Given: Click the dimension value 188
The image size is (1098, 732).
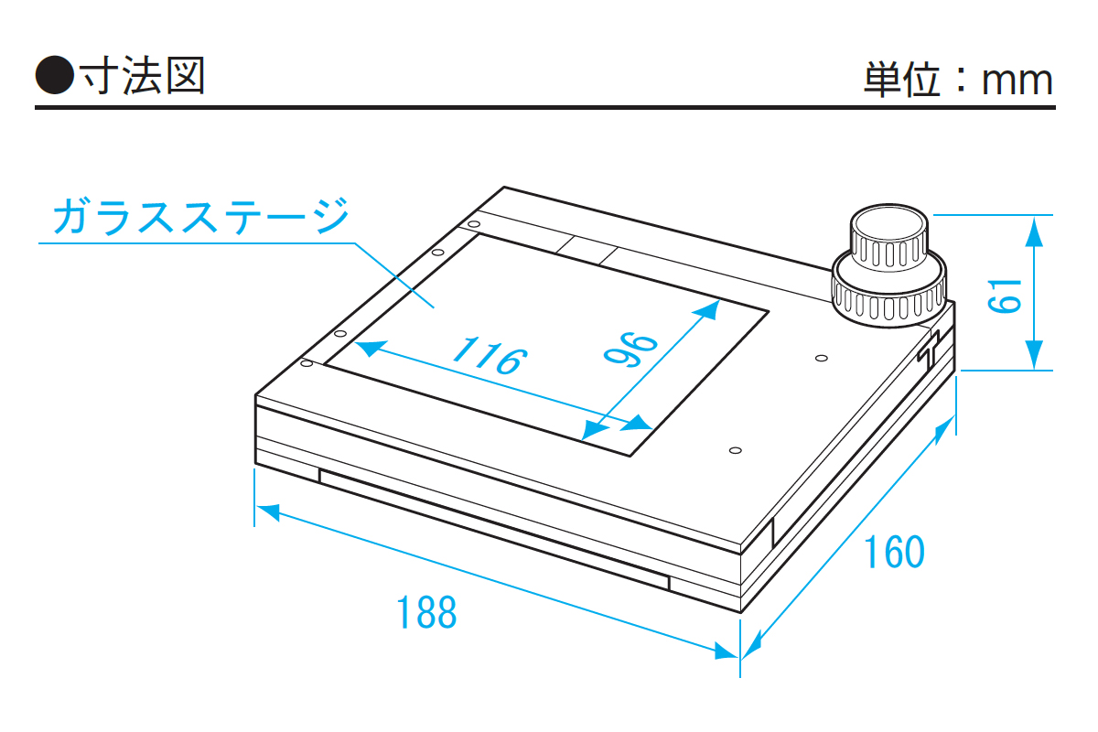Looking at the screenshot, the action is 426,612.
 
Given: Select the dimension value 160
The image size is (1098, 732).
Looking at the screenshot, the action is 894,552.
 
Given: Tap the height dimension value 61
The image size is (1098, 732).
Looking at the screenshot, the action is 1005,296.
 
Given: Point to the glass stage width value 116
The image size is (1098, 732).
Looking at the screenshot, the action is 490,355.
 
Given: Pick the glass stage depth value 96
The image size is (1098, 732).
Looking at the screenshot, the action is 630,350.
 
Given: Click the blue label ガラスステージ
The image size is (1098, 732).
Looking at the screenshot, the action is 201,216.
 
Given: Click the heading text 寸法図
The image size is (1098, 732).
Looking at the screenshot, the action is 142,76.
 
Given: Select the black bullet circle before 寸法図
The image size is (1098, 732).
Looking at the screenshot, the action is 54,75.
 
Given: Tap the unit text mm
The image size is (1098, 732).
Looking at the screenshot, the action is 1017,81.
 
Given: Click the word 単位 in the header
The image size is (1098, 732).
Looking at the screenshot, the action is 902,80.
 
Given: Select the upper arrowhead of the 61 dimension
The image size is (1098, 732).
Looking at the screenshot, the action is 1034,231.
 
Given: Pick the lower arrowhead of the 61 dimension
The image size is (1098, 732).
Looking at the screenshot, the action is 1034,354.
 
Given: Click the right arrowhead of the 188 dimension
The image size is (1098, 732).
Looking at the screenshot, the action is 727,651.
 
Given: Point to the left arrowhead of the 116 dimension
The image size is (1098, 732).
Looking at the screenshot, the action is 370,348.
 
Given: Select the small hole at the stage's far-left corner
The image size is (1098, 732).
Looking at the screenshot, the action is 474,224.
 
